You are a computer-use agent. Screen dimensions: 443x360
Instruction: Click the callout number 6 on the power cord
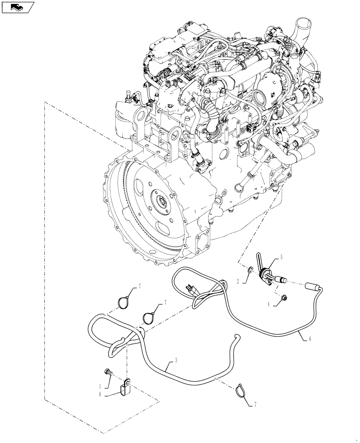[x=310, y=339]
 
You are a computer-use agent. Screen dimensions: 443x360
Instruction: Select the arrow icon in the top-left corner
[x=18, y=7]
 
